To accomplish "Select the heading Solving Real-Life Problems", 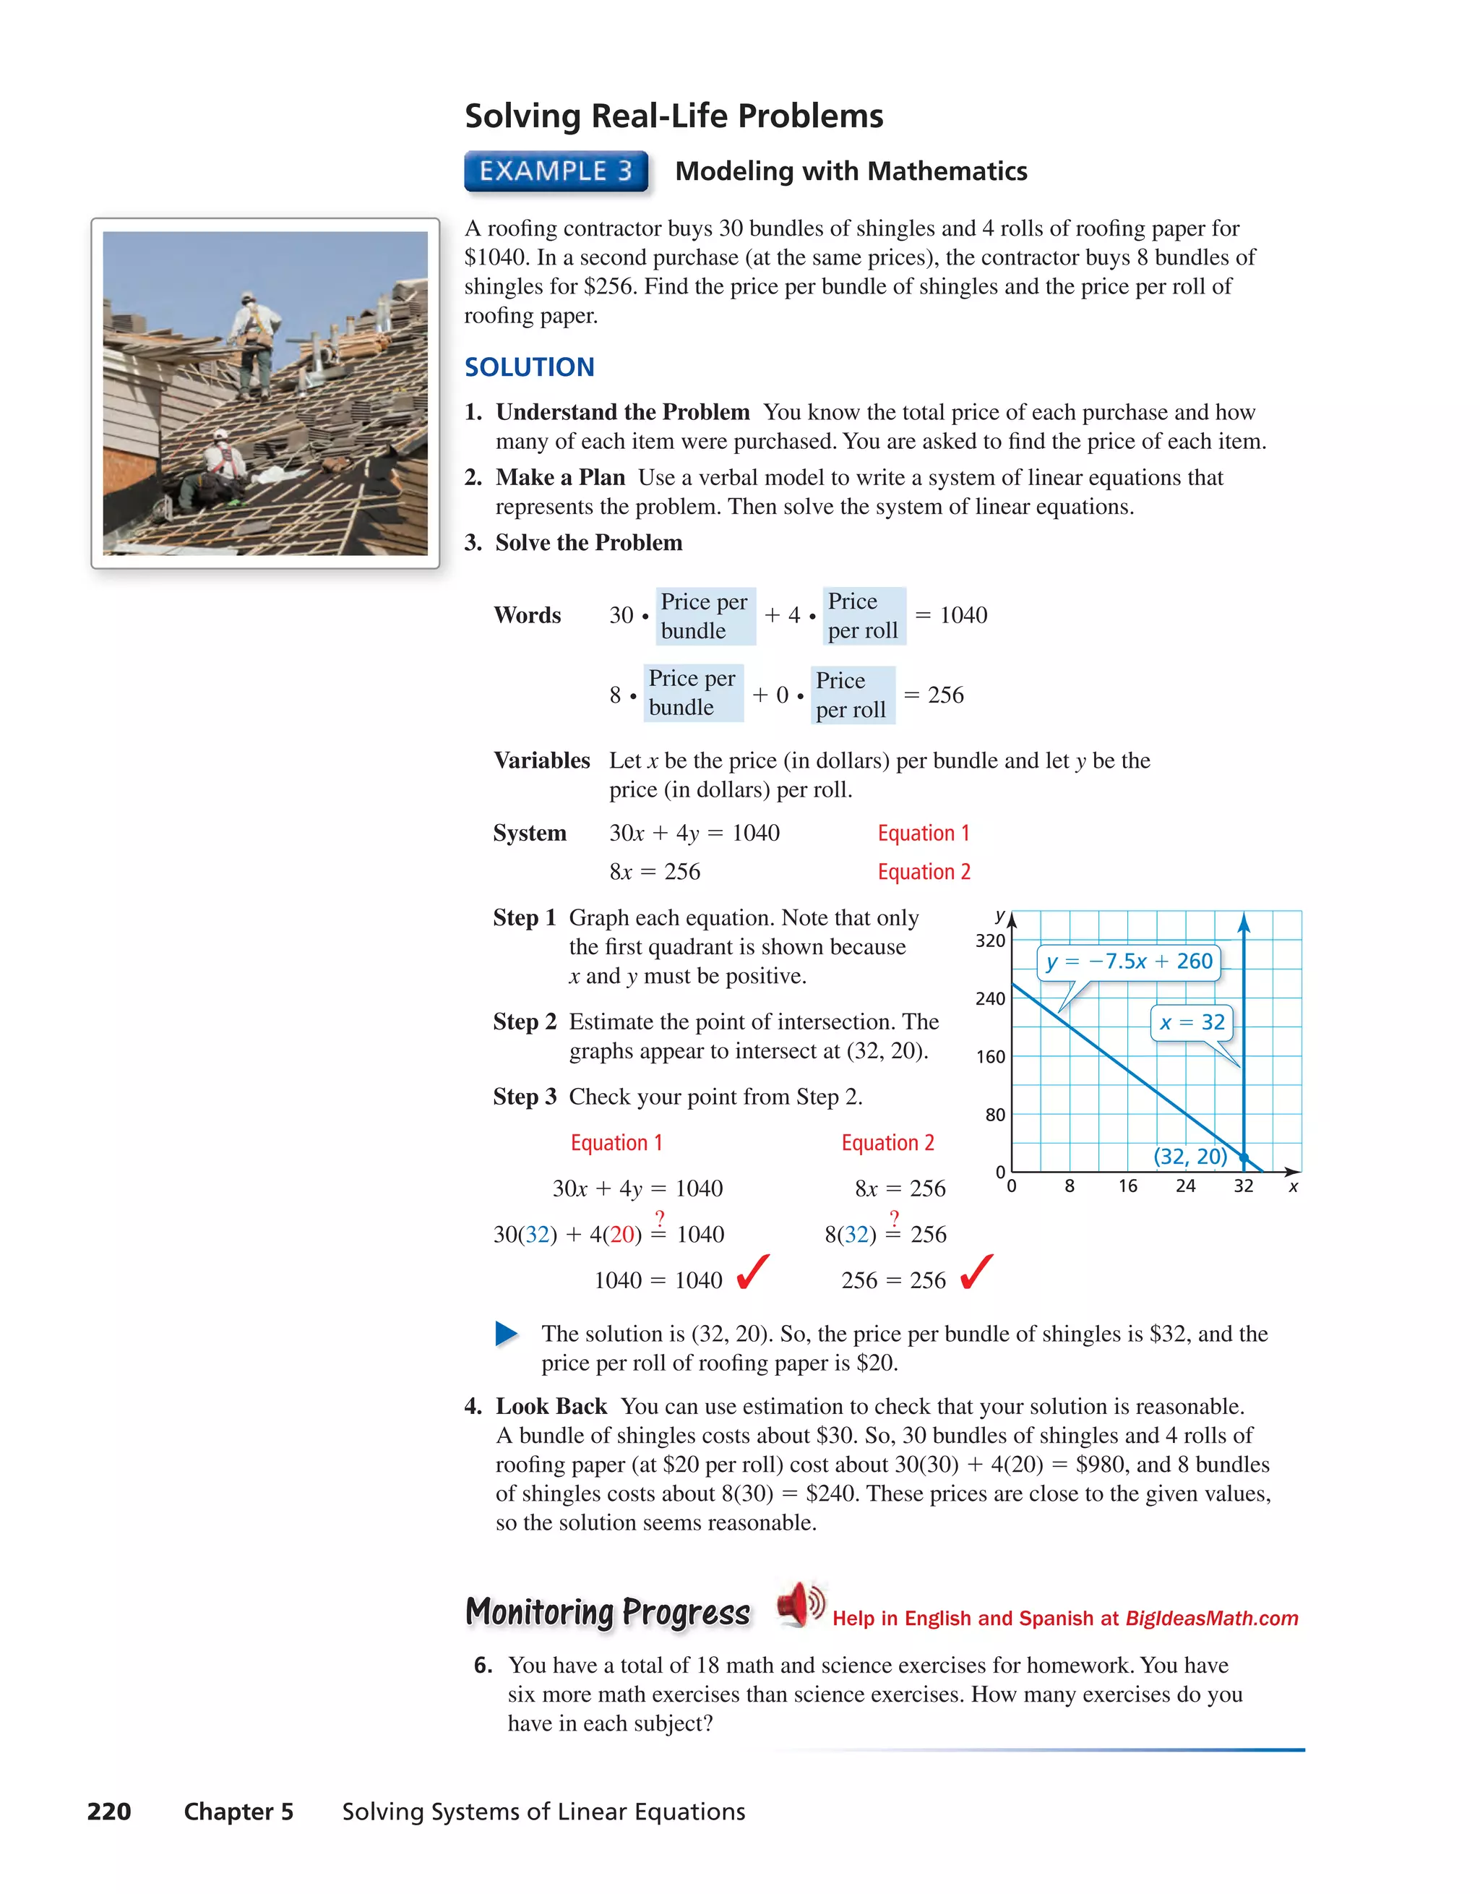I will point(674,116).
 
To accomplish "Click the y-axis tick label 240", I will point(989,999).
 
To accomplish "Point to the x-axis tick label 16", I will point(1127,1186).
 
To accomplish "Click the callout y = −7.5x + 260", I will point(1129,961).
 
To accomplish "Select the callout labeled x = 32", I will point(1192,1022).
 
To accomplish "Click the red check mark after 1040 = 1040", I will point(752,1272).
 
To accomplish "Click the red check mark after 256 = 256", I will point(976,1272).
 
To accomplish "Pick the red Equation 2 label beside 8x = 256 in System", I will point(924,872).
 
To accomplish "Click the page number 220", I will point(109,1812).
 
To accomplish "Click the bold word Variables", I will point(541,760).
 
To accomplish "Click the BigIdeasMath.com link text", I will point(1211,1619).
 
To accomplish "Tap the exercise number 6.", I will point(483,1665).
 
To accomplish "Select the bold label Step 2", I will point(524,1021).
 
